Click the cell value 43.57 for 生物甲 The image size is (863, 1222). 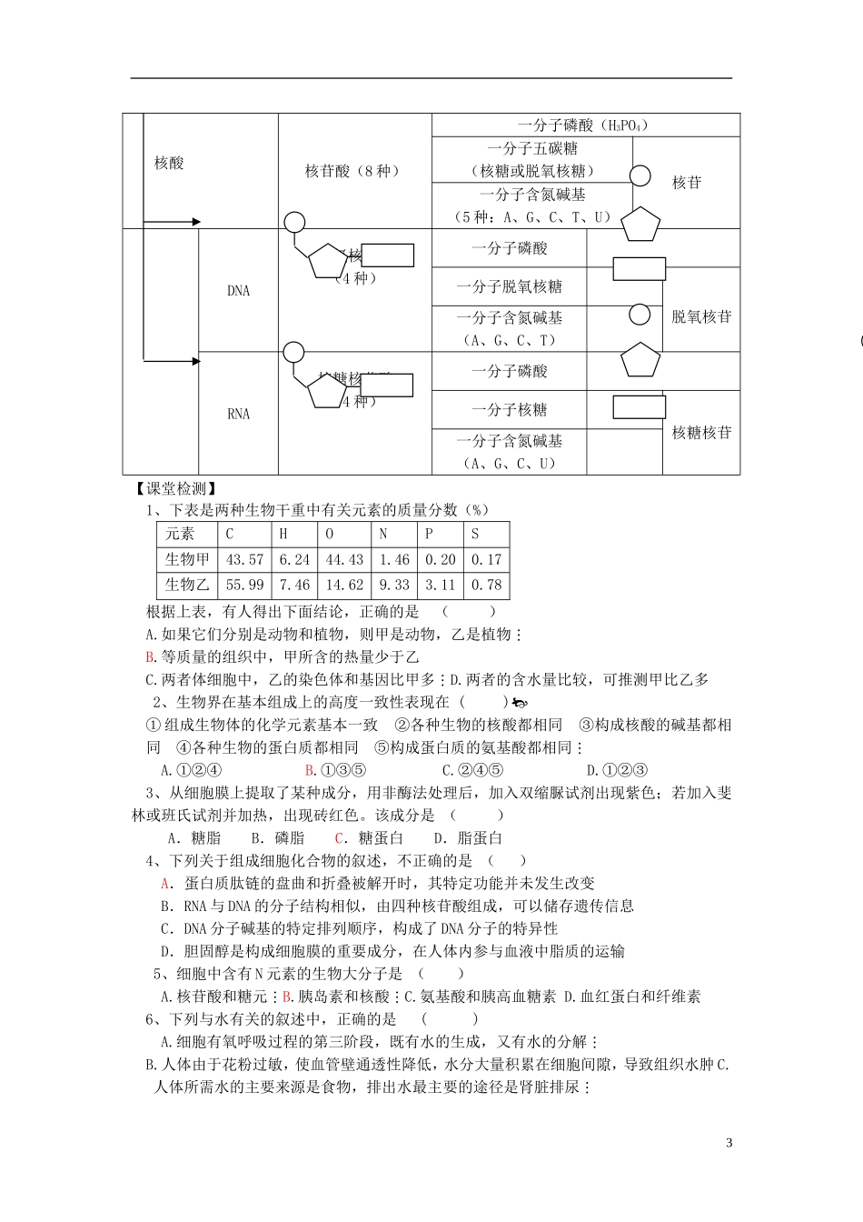244,560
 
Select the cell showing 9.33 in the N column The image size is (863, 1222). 394,586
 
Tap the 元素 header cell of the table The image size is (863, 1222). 180,535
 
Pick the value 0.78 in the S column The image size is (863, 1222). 486,586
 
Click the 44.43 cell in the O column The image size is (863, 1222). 344,560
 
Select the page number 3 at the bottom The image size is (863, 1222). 729,1143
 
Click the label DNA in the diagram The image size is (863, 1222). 238,292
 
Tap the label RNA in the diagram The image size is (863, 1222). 238,415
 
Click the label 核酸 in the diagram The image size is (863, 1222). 169,164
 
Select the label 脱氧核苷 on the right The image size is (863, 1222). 701,317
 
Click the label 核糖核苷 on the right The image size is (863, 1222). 701,433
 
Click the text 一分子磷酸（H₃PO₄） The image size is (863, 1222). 582,125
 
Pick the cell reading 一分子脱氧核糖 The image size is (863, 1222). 510,287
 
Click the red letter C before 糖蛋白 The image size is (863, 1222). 340,838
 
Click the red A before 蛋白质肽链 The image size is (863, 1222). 165,884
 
